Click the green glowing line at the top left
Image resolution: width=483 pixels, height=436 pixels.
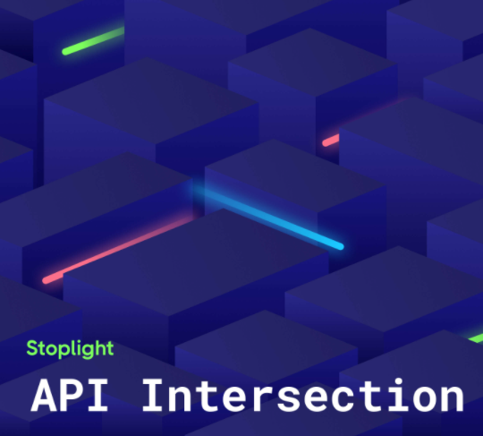[93, 41]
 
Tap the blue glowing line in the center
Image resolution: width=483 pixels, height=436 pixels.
[268, 218]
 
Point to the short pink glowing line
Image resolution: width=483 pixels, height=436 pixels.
[331, 141]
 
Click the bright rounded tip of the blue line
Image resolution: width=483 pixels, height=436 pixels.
[340, 246]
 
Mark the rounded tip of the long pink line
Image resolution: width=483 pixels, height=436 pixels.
[47, 280]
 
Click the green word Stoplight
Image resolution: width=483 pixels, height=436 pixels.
[71, 349]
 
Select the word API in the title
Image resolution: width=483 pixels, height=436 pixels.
[69, 396]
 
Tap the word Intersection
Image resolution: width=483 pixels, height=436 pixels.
[303, 396]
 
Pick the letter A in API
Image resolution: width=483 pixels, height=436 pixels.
[44, 396]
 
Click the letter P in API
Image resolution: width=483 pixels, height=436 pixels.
[71, 396]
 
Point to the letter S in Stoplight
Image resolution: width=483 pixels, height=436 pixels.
[32, 349]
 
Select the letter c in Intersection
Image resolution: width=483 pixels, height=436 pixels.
[343, 399]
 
